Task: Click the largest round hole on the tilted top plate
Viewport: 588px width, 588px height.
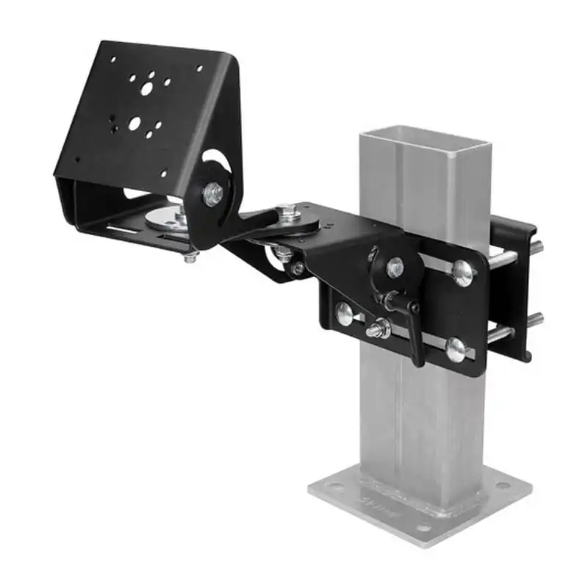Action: coord(148,87)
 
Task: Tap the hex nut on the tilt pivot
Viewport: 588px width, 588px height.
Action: coord(214,195)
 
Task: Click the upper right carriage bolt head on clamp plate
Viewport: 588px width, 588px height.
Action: coord(462,273)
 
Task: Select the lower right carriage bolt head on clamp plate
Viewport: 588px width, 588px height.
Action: coord(455,348)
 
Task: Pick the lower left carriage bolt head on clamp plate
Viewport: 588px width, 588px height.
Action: coord(344,314)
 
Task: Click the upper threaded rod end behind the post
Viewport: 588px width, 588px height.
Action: coord(537,248)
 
